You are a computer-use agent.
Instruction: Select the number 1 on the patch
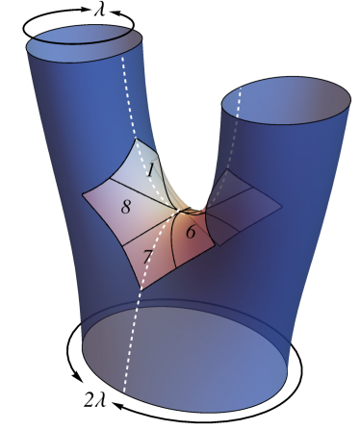pyautogui.click(x=151, y=170)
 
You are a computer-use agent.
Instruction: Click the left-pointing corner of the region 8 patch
pyautogui.click(x=82, y=196)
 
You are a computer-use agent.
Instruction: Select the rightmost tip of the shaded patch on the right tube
pyautogui.click(x=281, y=206)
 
